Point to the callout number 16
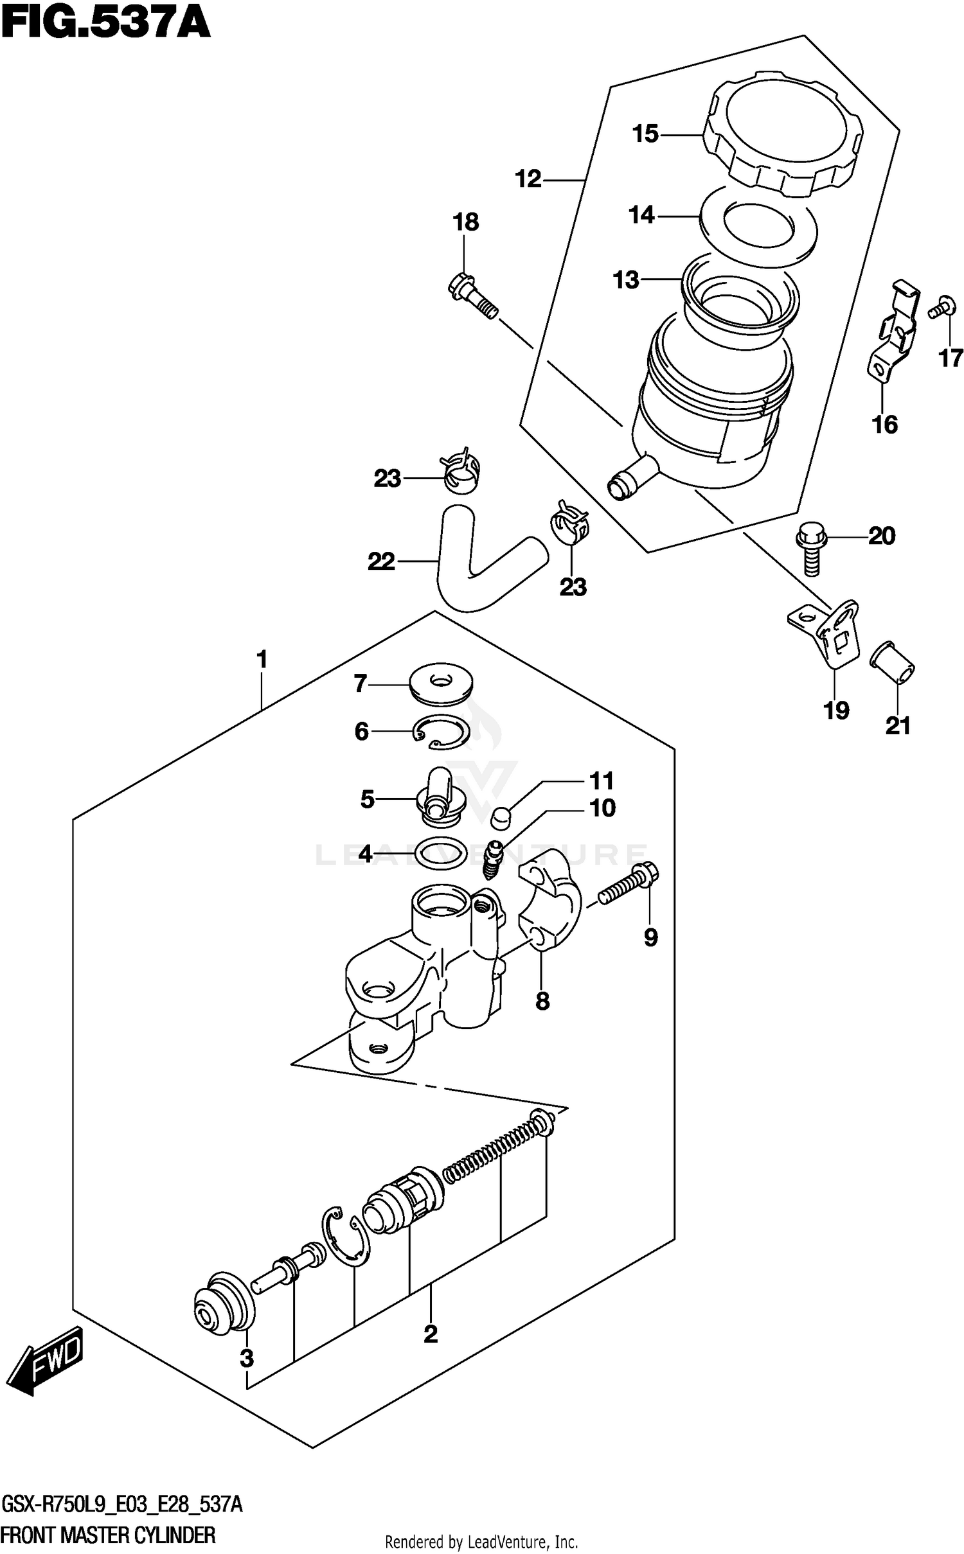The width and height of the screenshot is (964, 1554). (x=884, y=425)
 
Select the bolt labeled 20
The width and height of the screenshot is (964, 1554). (x=810, y=547)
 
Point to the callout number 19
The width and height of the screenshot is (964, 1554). (x=837, y=711)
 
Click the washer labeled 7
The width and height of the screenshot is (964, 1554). (x=441, y=685)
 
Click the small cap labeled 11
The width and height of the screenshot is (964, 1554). (x=500, y=818)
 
